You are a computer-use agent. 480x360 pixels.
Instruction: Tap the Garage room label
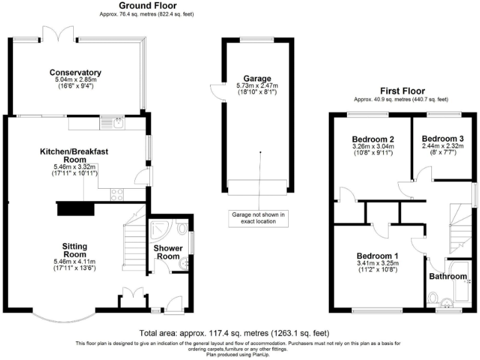pyautogui.click(x=257, y=78)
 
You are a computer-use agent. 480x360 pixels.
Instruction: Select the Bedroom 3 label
pyautogui.click(x=442, y=138)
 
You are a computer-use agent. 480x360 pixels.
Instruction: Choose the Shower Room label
pyautogui.click(x=167, y=252)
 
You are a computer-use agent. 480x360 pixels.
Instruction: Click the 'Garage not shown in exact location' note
pyautogui.click(x=257, y=217)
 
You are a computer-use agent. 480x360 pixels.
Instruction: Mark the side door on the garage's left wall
pyautogui.click(x=216, y=92)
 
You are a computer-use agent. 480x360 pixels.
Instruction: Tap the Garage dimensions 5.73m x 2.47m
pyautogui.click(x=257, y=86)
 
